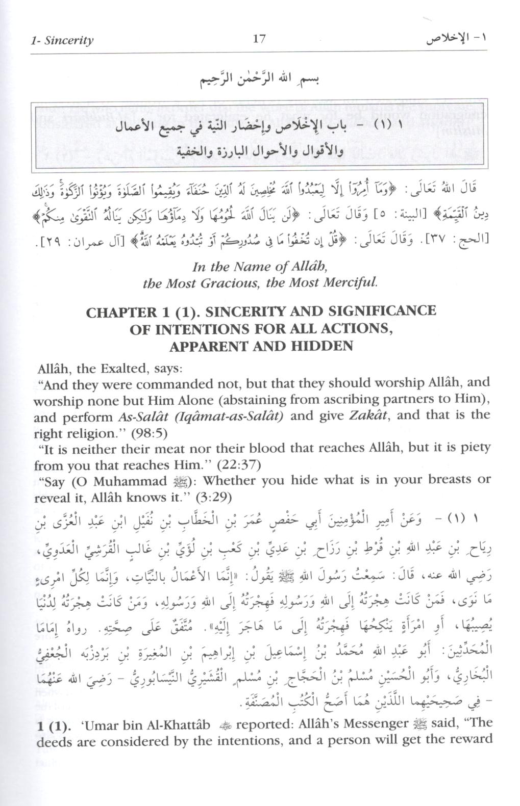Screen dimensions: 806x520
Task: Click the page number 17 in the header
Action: pos(259,39)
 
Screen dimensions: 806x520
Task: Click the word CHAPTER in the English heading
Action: pos(121,312)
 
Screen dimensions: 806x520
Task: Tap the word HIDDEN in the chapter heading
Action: pos(322,346)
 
